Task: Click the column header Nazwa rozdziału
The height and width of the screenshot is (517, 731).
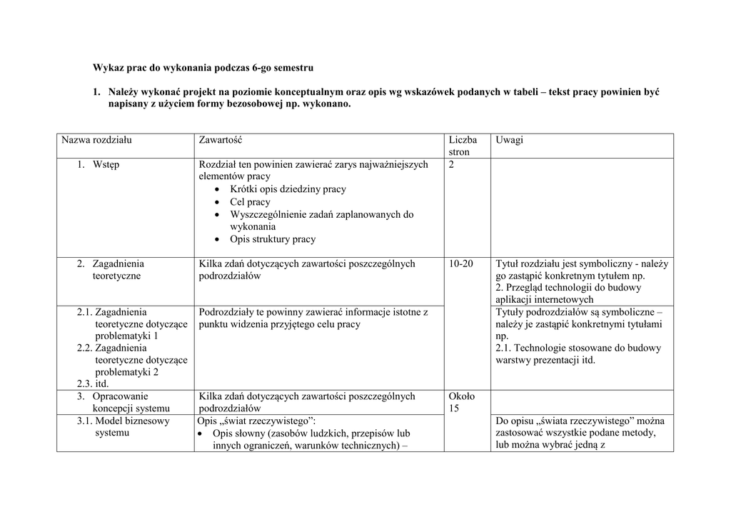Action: coord(96,140)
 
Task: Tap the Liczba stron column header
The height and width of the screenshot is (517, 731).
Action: coord(463,146)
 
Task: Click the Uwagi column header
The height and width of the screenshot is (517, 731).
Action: coord(509,140)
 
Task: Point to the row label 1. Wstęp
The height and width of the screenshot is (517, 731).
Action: coord(100,164)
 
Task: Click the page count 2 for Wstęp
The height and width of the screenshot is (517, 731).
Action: coord(452,164)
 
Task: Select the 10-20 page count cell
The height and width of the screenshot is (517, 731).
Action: coord(460,263)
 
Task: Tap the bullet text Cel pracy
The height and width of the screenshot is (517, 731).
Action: coord(250,202)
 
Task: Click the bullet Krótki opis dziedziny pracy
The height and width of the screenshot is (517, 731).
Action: coord(288,189)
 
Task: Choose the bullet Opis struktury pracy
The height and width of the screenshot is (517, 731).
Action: coord(273,239)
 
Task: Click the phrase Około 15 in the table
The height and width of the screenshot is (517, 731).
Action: coord(462,402)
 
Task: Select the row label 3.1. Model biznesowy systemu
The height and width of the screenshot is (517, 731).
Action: coord(123,426)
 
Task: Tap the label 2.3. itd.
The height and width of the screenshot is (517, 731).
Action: coord(93,383)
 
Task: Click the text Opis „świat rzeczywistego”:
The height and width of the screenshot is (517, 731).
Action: coord(257,421)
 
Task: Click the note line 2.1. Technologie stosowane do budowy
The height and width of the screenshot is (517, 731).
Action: coord(578,348)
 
